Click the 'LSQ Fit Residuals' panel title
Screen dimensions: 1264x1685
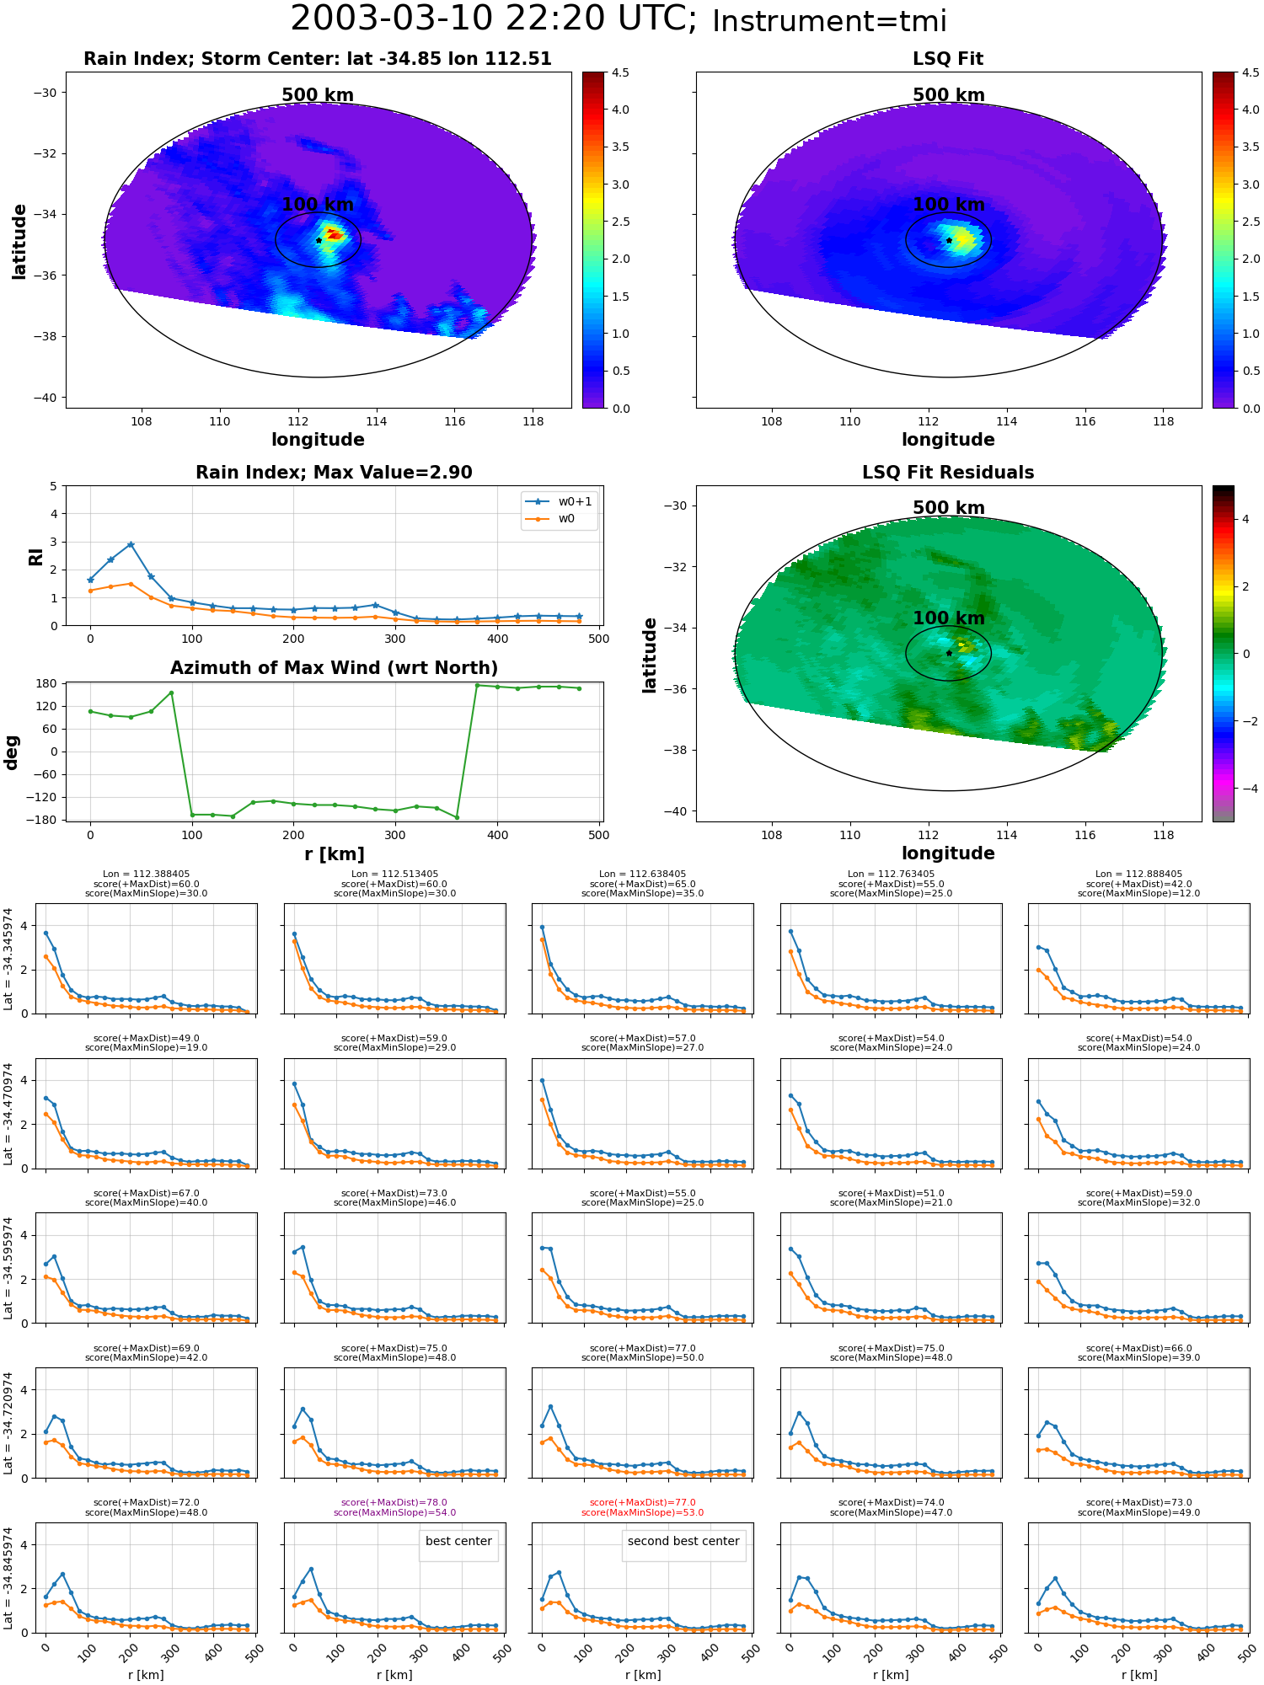tap(948, 473)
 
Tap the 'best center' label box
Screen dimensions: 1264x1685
tap(458, 1541)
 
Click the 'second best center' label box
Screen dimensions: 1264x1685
tap(683, 1541)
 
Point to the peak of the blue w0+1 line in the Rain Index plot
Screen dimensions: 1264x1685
tap(131, 544)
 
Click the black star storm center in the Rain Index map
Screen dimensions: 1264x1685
tap(319, 240)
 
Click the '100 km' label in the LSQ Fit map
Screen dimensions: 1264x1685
tap(949, 205)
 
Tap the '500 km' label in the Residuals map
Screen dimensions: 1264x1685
tap(949, 508)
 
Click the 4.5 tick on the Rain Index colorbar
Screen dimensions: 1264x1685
tap(620, 72)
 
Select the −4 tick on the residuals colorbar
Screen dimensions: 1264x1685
tap(1246, 789)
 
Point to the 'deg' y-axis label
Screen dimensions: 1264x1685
tap(12, 752)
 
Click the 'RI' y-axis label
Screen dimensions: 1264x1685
tap(35, 556)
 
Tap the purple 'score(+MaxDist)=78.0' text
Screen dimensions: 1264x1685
tap(394, 1502)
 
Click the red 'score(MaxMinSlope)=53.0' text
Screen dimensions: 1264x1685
tap(642, 1512)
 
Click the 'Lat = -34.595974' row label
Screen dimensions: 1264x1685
tap(8, 1268)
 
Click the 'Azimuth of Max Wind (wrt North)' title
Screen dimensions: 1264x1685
tap(334, 668)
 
